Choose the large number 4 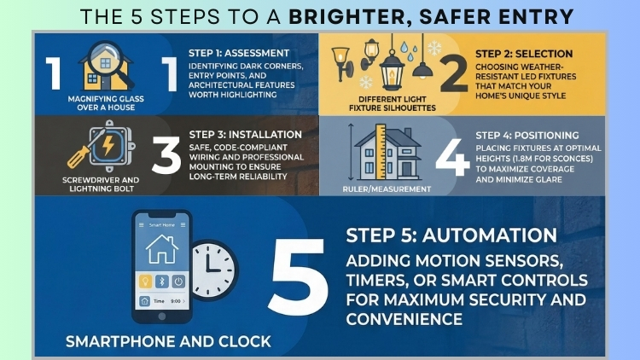[449, 157]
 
